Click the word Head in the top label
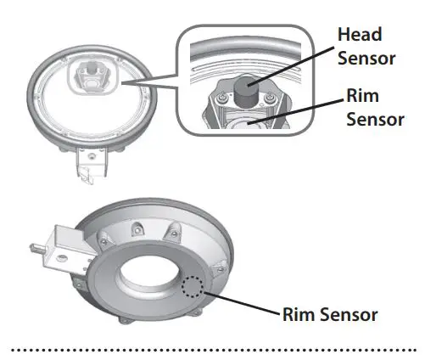(x=360, y=35)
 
